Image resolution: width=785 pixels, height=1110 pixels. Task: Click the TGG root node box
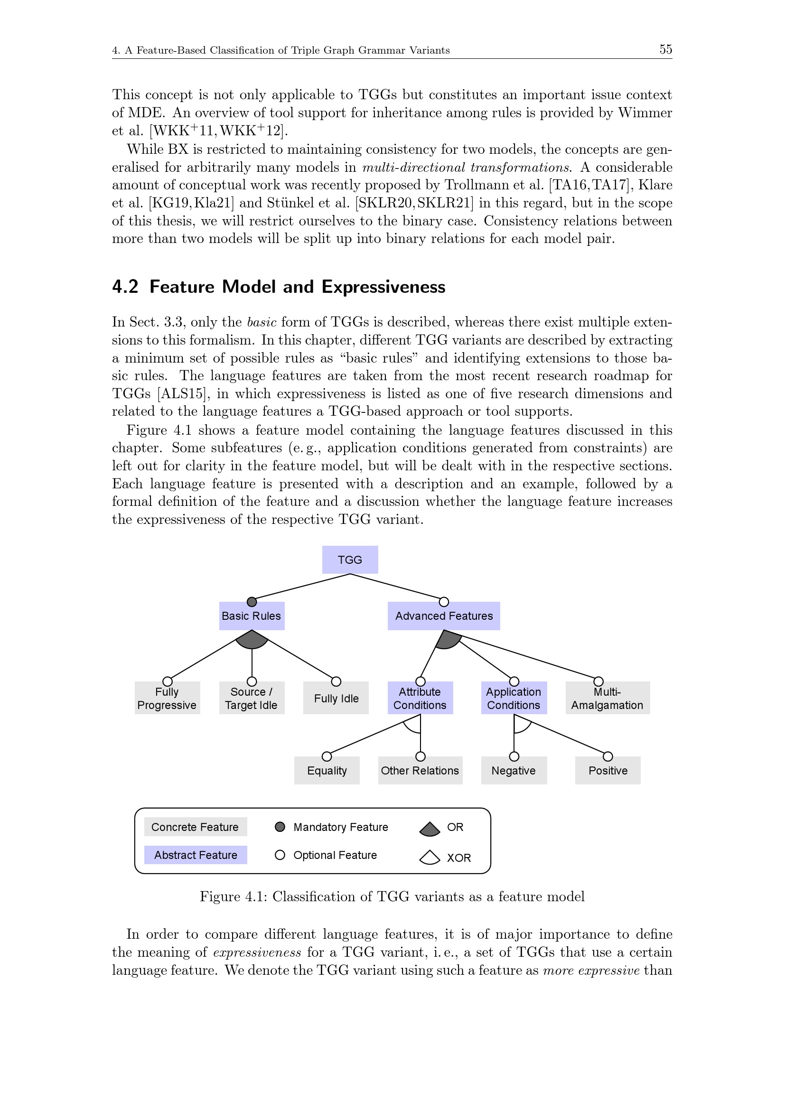tap(350, 560)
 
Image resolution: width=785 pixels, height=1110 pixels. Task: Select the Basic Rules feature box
tap(252, 616)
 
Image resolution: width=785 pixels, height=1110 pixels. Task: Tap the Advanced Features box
tap(444, 616)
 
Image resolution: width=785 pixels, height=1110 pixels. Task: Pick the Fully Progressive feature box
tap(167, 698)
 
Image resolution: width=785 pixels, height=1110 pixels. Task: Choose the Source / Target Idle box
tap(252, 698)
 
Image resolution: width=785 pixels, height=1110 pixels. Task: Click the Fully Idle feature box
tap(336, 698)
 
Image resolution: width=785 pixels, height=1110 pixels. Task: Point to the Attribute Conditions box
tap(420, 698)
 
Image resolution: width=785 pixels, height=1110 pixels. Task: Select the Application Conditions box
tap(514, 698)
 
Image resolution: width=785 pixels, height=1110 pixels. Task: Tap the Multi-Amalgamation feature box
tap(607, 698)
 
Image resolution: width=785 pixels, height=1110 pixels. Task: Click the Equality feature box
tap(327, 771)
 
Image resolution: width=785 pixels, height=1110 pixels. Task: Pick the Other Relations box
tap(420, 771)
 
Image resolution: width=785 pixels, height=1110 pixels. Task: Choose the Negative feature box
tap(514, 771)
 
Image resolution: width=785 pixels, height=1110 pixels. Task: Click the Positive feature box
tap(607, 771)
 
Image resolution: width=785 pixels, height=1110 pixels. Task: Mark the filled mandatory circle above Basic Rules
tap(252, 602)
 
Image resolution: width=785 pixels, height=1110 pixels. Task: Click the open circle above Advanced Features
tap(444, 602)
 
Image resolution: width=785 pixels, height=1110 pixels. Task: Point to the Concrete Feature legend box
tap(195, 827)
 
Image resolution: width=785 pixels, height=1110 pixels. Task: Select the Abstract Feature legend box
tap(195, 855)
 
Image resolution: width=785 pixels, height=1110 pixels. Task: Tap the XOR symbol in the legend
tap(429, 858)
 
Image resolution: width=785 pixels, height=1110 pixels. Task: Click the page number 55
tap(665, 49)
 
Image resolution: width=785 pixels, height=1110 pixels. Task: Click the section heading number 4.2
tap(125, 287)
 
